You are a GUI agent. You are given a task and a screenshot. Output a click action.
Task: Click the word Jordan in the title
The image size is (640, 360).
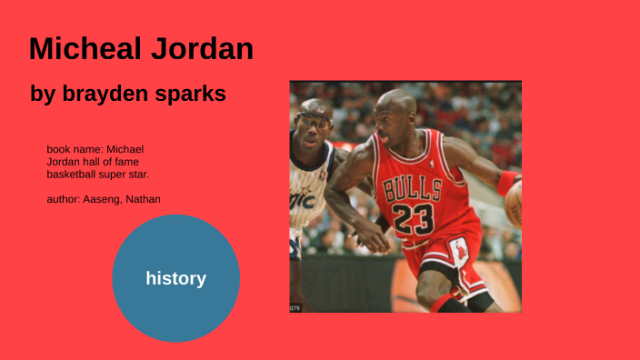tap(205, 49)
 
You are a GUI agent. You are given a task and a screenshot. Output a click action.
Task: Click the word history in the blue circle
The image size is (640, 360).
tap(175, 279)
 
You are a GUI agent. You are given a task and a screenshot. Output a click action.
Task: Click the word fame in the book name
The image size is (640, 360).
tap(127, 161)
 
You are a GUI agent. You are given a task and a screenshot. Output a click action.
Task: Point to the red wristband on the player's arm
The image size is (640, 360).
tap(505, 183)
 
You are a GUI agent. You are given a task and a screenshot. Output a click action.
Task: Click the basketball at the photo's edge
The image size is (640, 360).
tap(515, 204)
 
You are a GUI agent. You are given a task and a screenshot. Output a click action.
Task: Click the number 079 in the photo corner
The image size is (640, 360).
tap(295, 308)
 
